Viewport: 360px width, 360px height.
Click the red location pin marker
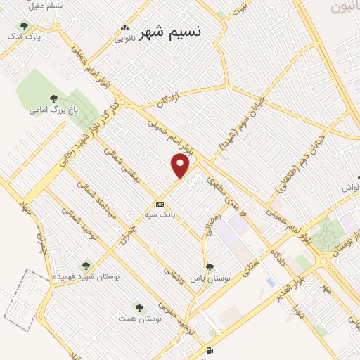coord(181,166)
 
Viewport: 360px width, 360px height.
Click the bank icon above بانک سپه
coord(160,204)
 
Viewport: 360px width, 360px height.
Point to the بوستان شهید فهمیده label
coord(85,277)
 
